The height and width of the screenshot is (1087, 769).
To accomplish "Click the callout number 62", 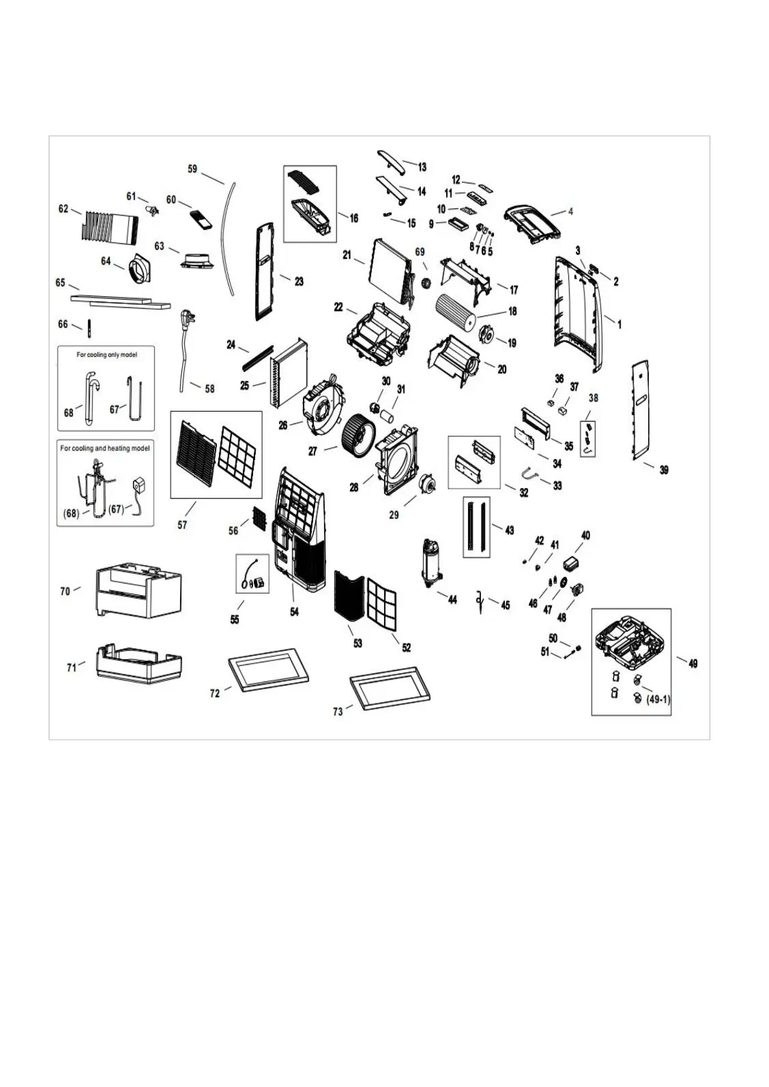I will [x=63, y=208].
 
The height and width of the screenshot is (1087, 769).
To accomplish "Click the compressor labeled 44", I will [x=431, y=564].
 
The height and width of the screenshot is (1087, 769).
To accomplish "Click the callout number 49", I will [x=693, y=663].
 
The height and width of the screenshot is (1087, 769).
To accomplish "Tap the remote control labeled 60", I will [x=201, y=219].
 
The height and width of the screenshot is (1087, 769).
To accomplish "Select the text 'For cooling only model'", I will [x=107, y=355].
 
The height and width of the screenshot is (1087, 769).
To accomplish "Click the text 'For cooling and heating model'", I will [x=105, y=448].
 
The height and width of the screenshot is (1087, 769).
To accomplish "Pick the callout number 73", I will [x=338, y=711].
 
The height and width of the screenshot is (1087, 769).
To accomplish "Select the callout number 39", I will [x=664, y=470].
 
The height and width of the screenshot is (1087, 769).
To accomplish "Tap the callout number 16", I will [x=354, y=218].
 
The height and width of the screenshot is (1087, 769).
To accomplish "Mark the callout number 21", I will [x=347, y=256].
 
